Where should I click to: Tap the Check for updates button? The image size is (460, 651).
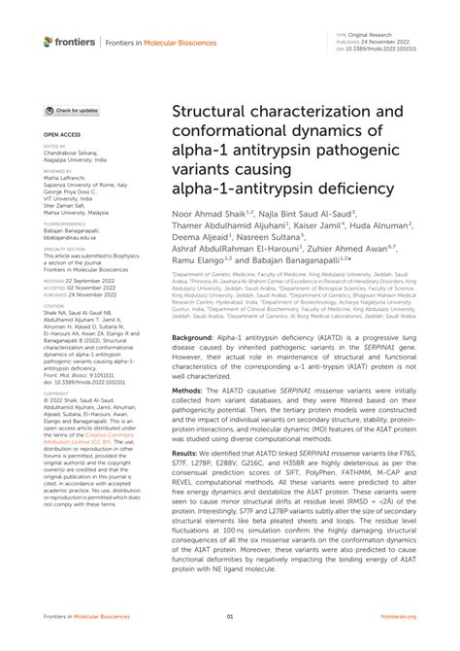coord(71,111)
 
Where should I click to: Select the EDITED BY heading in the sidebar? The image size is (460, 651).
coord(54,147)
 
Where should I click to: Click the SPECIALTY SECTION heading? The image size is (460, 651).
coord(64,249)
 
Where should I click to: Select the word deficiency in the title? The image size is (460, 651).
coord(342,187)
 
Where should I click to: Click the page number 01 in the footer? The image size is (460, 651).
coord(230,617)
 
